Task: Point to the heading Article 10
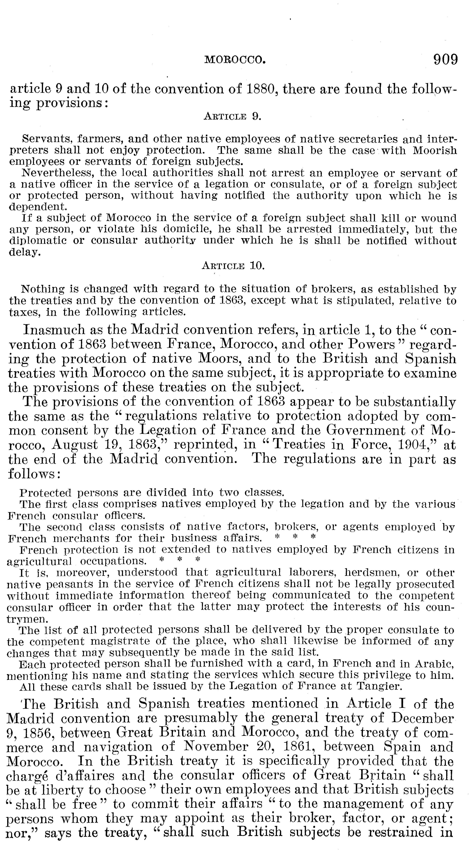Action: [x=233, y=266]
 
